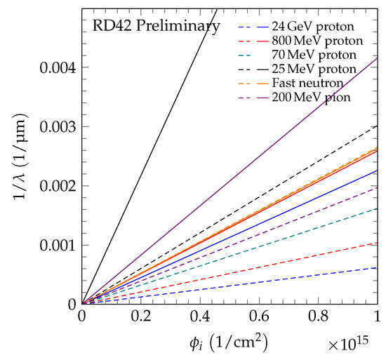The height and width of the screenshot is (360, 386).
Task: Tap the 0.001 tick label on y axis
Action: point(56,245)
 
